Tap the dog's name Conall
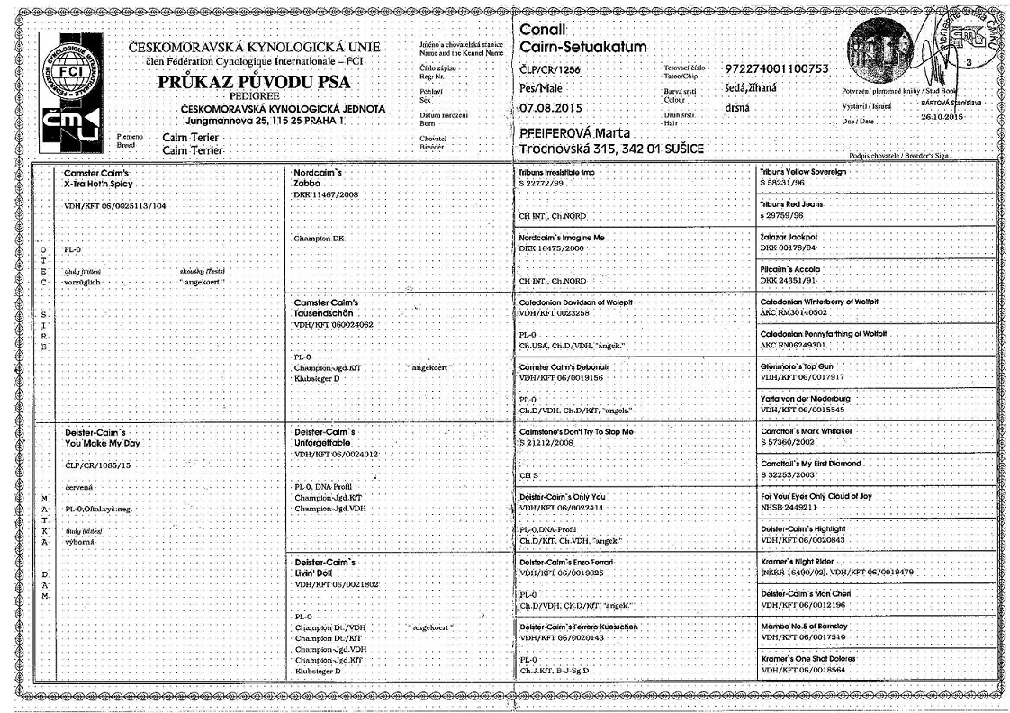(542, 30)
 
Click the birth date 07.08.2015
(551, 108)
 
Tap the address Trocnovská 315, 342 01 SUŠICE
(611, 148)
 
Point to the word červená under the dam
(80, 487)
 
